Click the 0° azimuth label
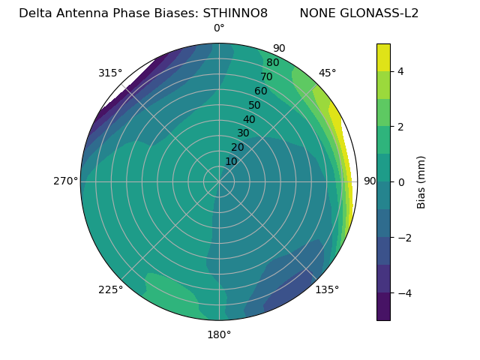pyautogui.click(x=219, y=28)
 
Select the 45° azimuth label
pyautogui.click(x=328, y=73)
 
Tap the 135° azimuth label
pyautogui.click(x=327, y=289)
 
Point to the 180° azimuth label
pyautogui.click(x=219, y=334)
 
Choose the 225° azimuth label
pyautogui.click(x=110, y=290)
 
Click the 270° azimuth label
pyautogui.click(x=65, y=181)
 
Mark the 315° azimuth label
pyautogui.click(x=110, y=73)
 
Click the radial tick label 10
pyautogui.click(x=231, y=161)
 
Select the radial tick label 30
pyautogui.click(x=243, y=133)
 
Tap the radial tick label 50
pyautogui.click(x=255, y=105)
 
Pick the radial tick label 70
pyautogui.click(x=266, y=76)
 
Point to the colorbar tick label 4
pyautogui.click(x=401, y=71)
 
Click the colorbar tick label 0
pyautogui.click(x=401, y=181)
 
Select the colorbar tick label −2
pyautogui.click(x=404, y=237)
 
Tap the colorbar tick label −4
pyautogui.click(x=404, y=292)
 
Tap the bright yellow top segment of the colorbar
pyautogui.click(x=383, y=57)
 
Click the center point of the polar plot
pyautogui.click(x=219, y=181)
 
